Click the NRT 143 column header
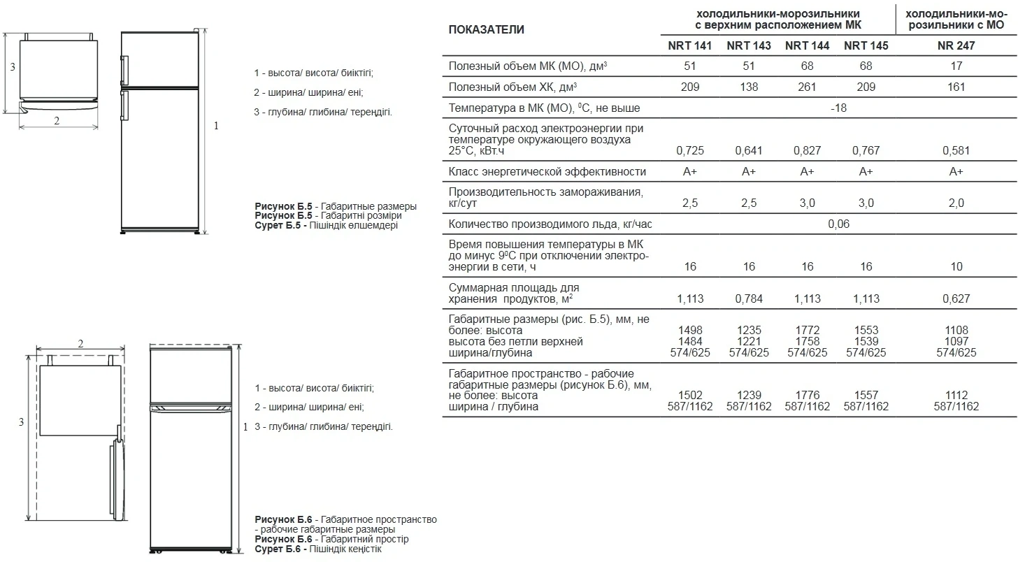749,45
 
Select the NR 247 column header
956,45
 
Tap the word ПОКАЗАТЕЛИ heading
486,29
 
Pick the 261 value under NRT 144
808,87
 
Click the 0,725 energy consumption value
690,150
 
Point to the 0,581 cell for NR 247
956,150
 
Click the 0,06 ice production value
838,224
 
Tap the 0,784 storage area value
749,298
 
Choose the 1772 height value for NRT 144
808,330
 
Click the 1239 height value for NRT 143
749,395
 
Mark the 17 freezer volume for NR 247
956,66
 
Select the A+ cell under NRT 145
866,172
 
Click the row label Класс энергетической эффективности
547,172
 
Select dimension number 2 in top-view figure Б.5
57,120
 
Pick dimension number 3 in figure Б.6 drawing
21,421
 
